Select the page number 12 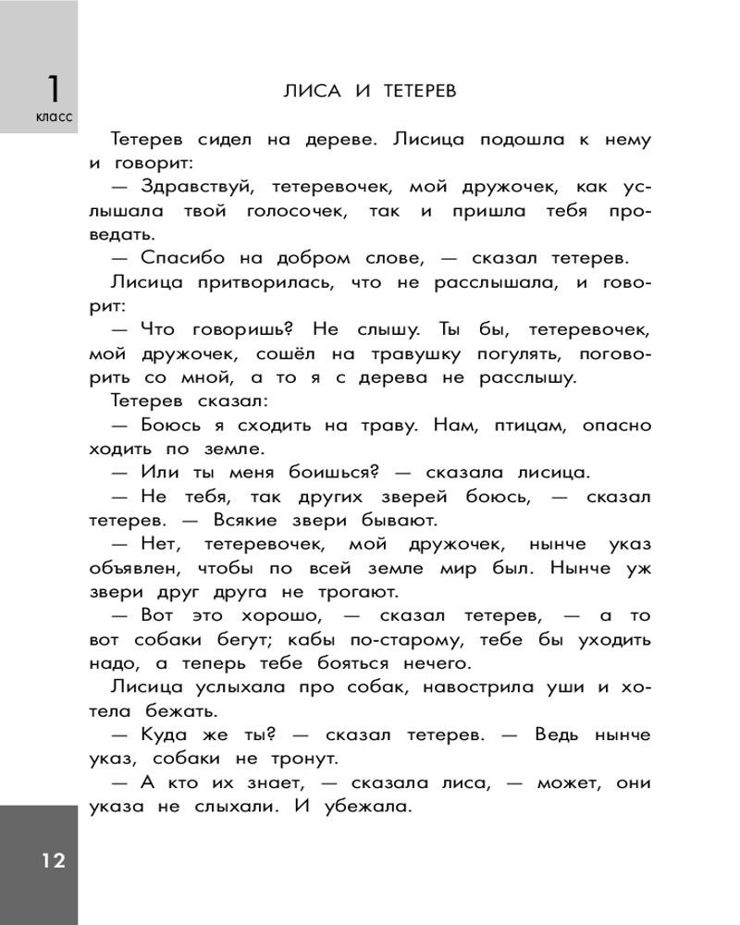coord(52,861)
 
